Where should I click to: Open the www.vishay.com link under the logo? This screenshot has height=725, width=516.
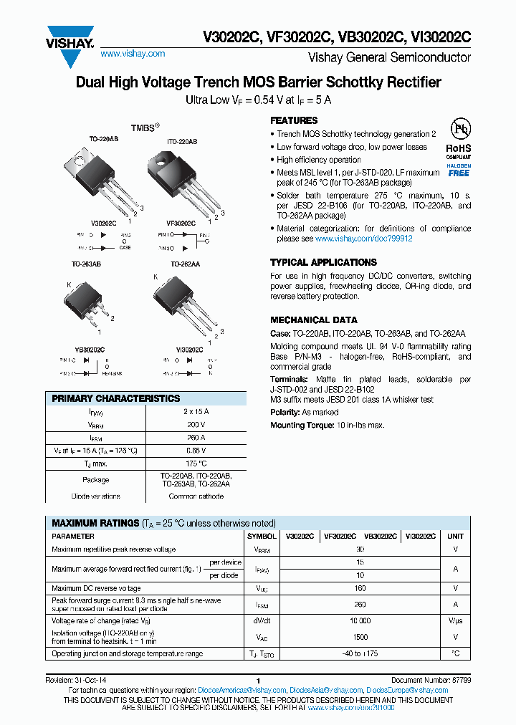(133, 54)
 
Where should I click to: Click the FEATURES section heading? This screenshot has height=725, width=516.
(294, 120)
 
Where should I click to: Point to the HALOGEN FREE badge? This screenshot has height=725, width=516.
(459, 170)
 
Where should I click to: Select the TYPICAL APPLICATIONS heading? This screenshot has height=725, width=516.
(323, 262)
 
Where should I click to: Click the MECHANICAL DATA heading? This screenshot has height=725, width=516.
(313, 320)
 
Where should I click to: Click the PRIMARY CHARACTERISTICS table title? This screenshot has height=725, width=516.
(116, 398)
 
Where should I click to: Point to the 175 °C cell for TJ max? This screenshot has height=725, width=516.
(196, 464)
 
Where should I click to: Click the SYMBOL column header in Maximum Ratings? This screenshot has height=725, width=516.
(262, 536)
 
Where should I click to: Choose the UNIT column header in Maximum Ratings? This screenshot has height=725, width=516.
(455, 536)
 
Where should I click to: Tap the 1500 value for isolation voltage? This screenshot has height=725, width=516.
(360, 637)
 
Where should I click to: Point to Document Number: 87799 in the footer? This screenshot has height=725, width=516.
(431, 681)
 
